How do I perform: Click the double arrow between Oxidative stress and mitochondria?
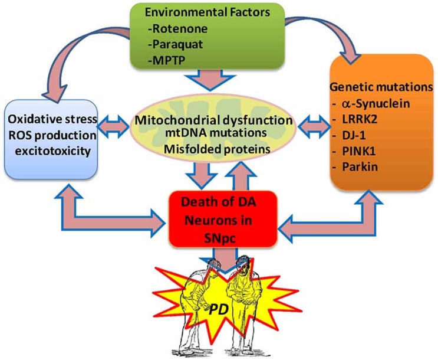coord(114,126)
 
